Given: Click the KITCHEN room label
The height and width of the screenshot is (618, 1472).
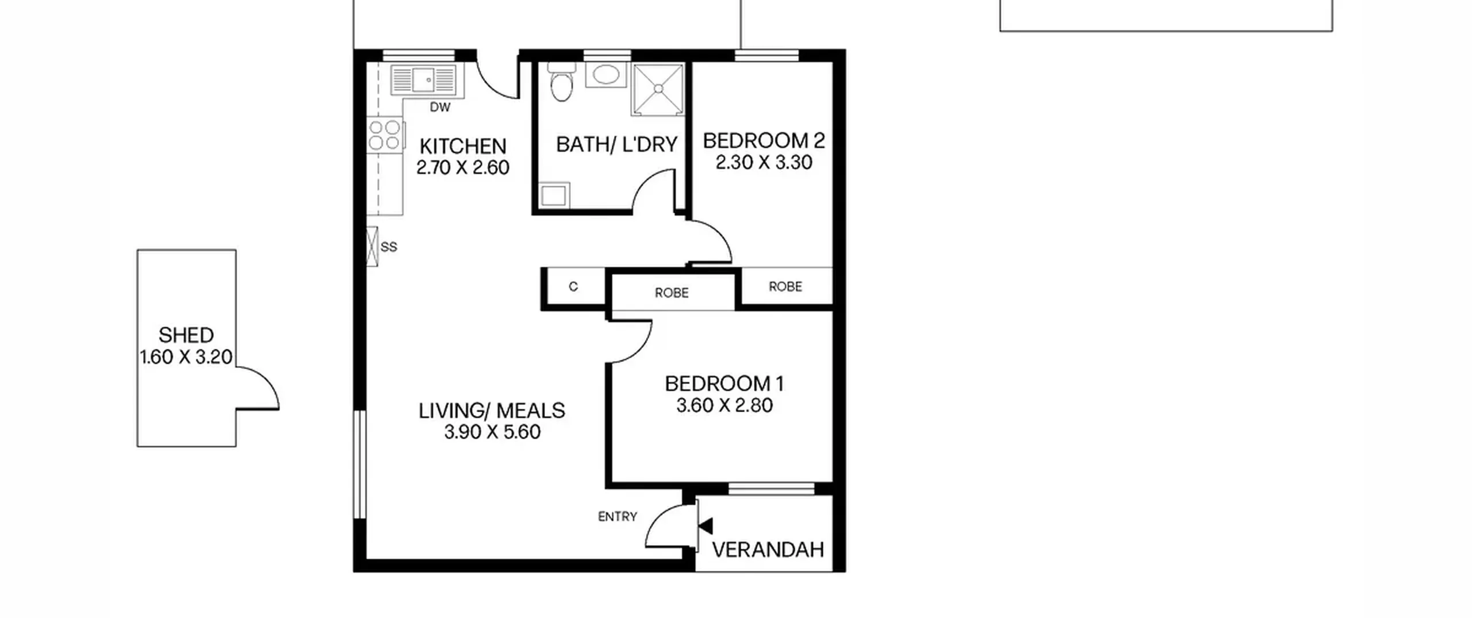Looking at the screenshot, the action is tap(463, 146).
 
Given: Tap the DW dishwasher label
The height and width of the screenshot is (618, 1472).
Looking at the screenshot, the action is tap(440, 108).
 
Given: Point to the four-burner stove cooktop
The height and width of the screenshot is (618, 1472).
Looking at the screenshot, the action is tap(385, 135).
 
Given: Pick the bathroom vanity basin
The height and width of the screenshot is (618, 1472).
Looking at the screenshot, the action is tap(605, 75).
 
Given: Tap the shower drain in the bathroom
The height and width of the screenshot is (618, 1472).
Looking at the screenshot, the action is tap(658, 89).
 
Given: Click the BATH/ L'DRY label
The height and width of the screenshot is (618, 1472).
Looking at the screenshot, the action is tap(617, 144).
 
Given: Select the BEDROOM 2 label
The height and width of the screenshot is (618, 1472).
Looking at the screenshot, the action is tap(764, 141).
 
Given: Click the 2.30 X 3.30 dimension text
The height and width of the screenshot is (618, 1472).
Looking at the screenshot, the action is tap(764, 163).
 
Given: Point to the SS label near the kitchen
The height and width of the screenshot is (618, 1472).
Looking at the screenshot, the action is tap(389, 247).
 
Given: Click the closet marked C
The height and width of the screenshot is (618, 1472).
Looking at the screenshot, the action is tap(573, 287).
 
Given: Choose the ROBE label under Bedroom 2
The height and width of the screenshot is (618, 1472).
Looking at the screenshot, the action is tap(785, 286).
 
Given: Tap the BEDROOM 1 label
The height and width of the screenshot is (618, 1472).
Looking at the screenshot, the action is tap(724, 383).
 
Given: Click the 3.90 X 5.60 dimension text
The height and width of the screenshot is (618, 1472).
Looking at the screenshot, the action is tap(492, 432).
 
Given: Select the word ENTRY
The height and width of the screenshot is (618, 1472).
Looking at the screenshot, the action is tap(618, 517).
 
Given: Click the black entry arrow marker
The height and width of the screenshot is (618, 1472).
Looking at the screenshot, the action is tap(706, 526).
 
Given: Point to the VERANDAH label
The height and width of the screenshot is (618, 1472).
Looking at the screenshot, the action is tap(768, 550).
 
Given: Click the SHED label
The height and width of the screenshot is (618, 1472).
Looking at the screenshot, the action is tap(186, 335).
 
